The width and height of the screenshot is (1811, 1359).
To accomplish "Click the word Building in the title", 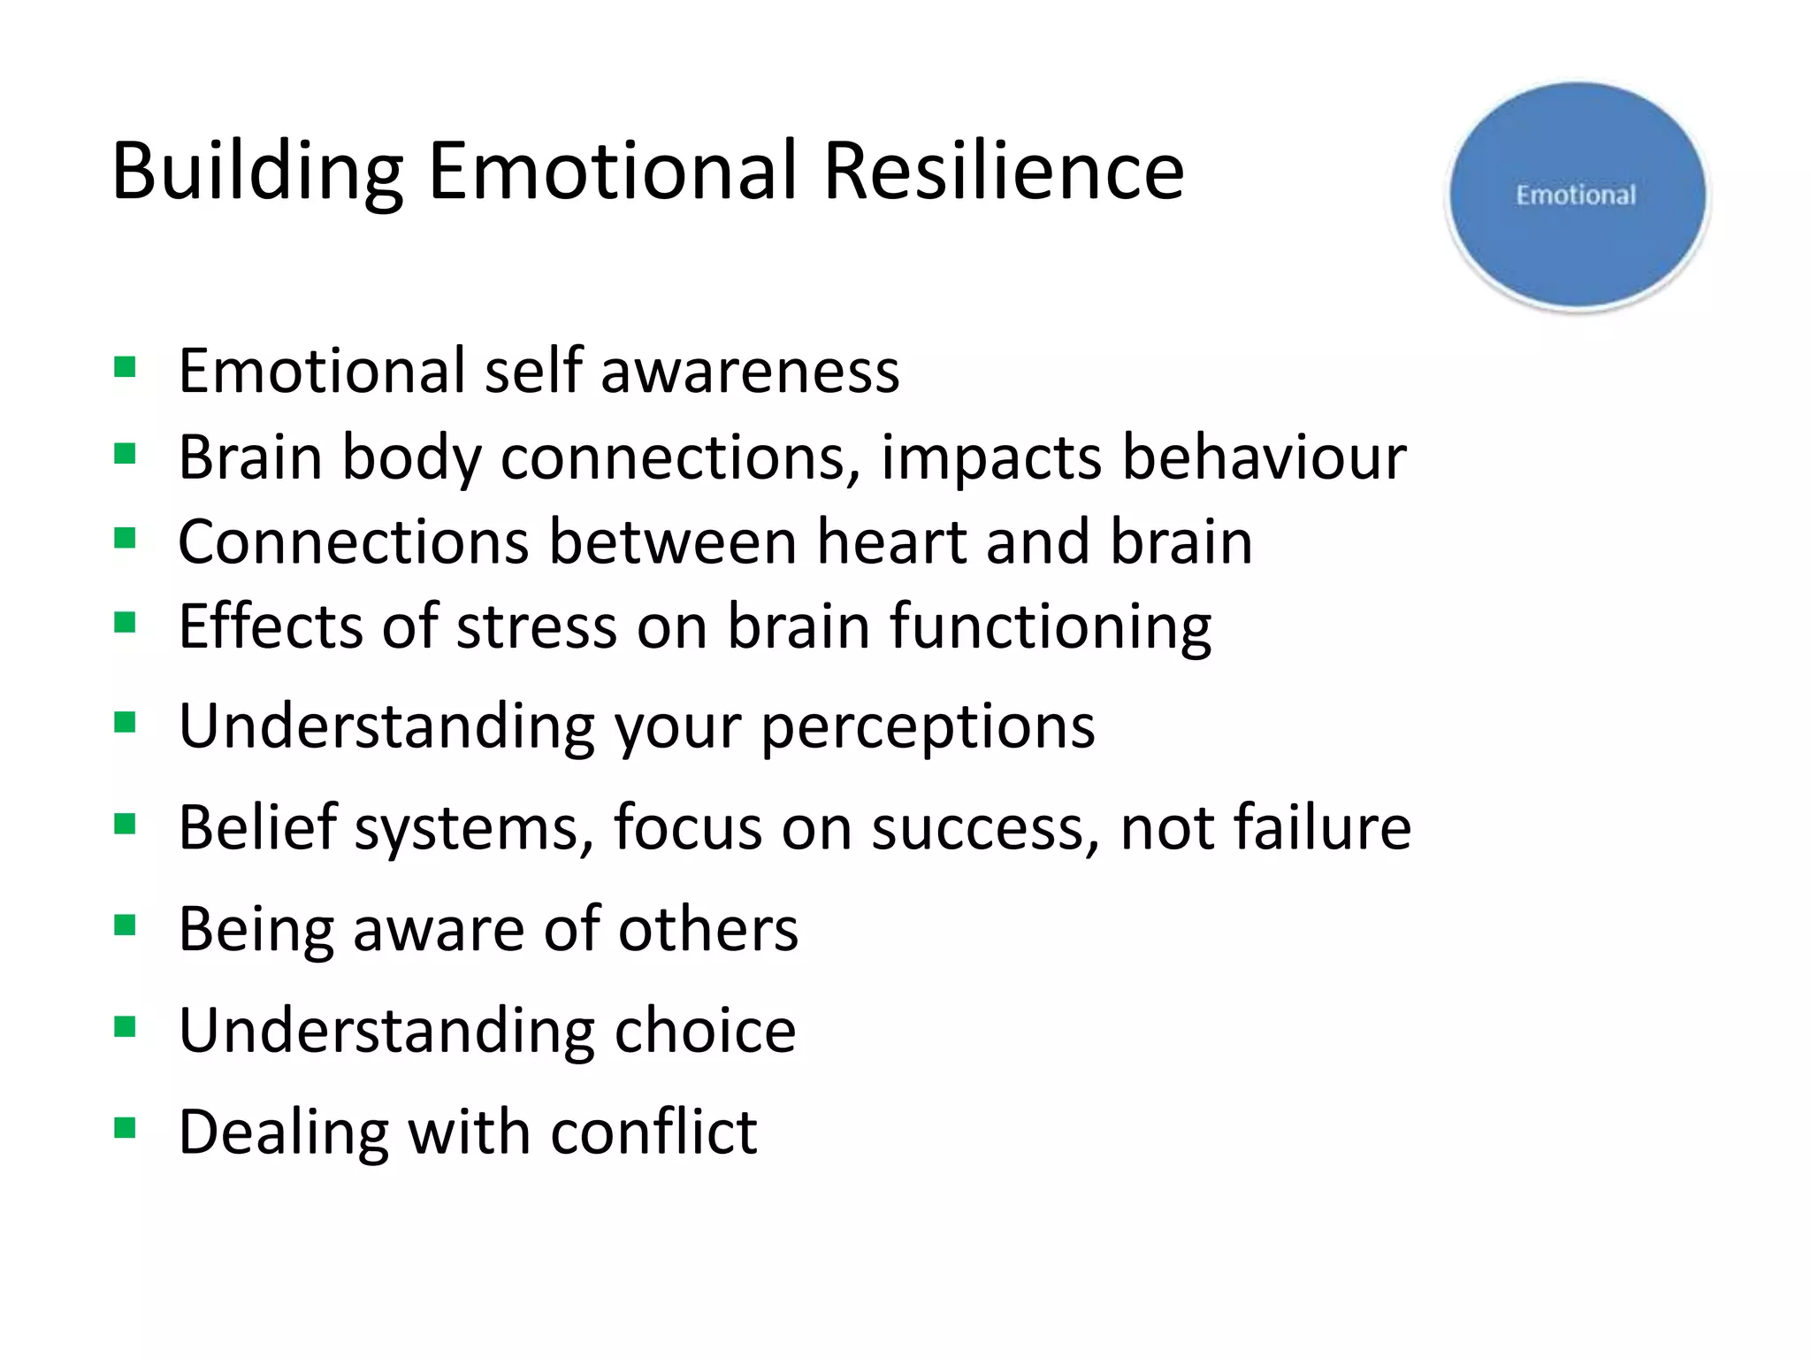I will tap(256, 172).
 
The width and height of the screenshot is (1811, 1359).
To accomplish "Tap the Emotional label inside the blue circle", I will tap(1576, 196).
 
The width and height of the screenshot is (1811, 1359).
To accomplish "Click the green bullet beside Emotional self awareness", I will tap(125, 366).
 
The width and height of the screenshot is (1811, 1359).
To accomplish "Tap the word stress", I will tap(536, 626).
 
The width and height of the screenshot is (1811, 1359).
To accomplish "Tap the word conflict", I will tap(653, 1132).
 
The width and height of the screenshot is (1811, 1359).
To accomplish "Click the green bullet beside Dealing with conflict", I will tap(125, 1128).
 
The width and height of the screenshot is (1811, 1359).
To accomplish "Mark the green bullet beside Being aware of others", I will tap(125, 925).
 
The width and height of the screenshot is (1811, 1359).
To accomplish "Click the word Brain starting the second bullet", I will tap(250, 457).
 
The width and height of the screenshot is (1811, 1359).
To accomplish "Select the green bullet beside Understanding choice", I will tap(125, 1026).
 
